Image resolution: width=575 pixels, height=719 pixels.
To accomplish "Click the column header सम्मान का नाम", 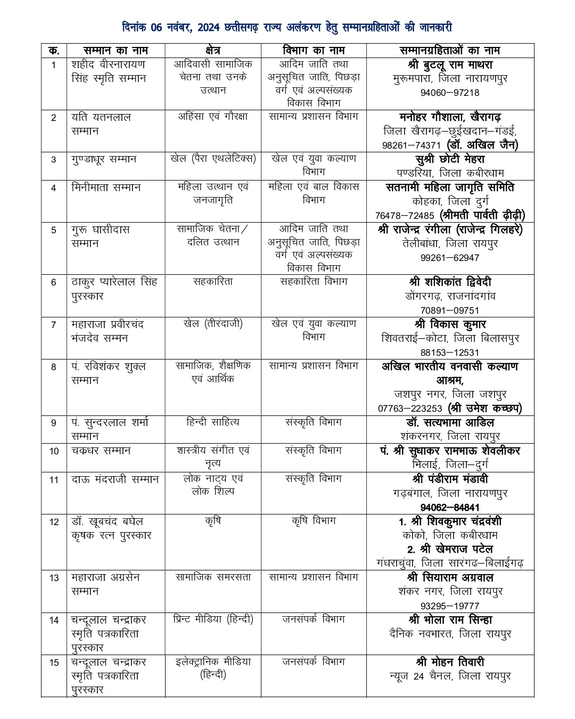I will [x=116, y=51].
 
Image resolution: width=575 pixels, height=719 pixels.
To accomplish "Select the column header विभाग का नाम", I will [x=314, y=51].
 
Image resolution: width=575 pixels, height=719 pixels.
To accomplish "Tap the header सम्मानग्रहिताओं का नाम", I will [x=450, y=51].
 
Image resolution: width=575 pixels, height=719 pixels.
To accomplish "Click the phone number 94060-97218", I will [x=450, y=93].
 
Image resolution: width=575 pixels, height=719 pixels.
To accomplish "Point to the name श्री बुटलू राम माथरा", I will [x=450, y=65].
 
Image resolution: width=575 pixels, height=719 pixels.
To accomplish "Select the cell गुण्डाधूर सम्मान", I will [x=104, y=159].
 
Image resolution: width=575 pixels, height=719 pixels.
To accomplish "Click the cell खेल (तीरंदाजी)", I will [x=213, y=324].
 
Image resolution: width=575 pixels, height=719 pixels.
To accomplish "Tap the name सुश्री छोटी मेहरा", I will [x=450, y=159].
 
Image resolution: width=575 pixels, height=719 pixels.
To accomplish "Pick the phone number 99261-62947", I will [x=450, y=258].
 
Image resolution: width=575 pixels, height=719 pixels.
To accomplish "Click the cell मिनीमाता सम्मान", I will [x=106, y=187].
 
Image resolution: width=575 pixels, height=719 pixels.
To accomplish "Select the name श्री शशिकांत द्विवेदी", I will [x=450, y=282].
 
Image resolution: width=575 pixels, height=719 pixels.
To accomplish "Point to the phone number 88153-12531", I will [x=450, y=353].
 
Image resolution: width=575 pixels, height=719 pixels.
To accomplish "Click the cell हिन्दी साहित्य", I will [x=213, y=422].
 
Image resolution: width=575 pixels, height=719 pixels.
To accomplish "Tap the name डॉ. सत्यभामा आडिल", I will [x=450, y=423].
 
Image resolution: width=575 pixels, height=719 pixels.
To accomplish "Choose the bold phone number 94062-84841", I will [x=450, y=508].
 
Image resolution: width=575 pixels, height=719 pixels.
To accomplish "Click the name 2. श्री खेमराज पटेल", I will [x=450, y=549].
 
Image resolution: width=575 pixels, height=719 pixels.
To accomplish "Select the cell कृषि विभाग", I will [x=314, y=521].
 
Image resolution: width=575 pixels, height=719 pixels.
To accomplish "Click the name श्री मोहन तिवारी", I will [x=450, y=662].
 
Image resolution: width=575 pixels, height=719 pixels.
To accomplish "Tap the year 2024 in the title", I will [x=213, y=28].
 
